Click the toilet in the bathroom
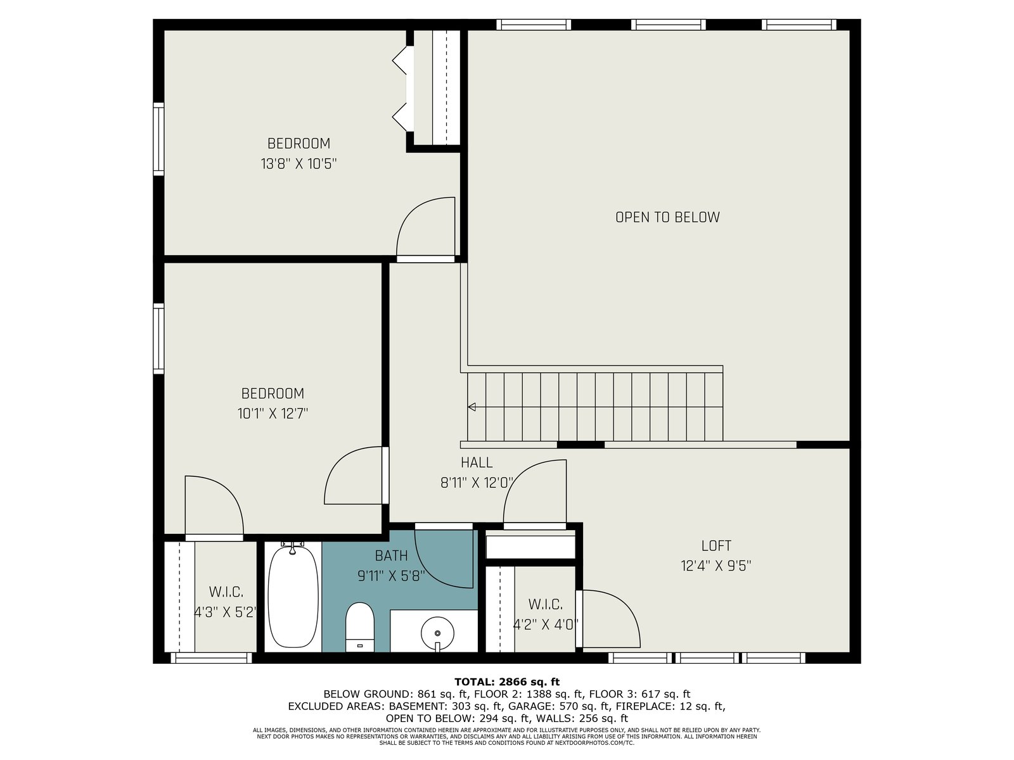pyautogui.click(x=359, y=626)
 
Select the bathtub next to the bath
pyautogui.click(x=293, y=596)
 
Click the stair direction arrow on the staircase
pyautogui.click(x=472, y=407)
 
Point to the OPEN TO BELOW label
pyautogui.click(x=667, y=217)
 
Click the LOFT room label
pyautogui.click(x=716, y=546)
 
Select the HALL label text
pyautogui.click(x=477, y=462)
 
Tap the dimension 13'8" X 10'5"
pyautogui.click(x=298, y=164)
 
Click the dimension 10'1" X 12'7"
pyautogui.click(x=273, y=414)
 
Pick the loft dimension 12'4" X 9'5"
pyautogui.click(x=716, y=566)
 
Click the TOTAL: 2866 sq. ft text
pyautogui.click(x=507, y=682)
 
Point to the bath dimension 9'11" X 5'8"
pyautogui.click(x=391, y=576)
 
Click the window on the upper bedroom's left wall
pyautogui.click(x=158, y=139)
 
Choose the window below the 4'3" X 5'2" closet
pyautogui.click(x=212, y=657)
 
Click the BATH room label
pyautogui.click(x=391, y=556)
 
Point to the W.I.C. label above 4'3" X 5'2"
pyautogui.click(x=226, y=592)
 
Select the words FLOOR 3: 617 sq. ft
pyautogui.click(x=640, y=694)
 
